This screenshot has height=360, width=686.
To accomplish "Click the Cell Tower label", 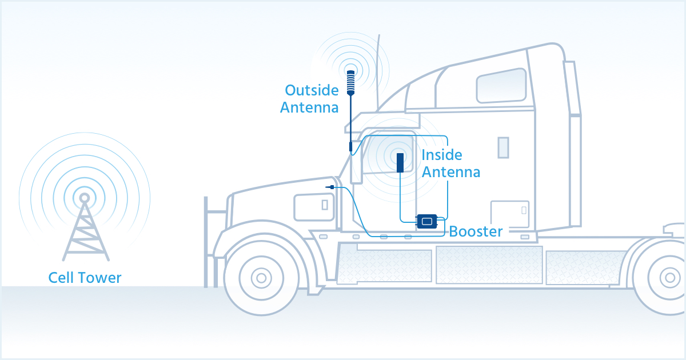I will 85,278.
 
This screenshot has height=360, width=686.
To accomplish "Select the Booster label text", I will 476,231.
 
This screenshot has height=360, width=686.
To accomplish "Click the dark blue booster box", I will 426,221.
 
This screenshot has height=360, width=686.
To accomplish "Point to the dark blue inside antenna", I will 401,162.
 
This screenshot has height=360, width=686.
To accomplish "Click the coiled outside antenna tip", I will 351,79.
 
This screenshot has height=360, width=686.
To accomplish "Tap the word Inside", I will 441,155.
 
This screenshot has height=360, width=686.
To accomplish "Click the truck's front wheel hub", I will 261,278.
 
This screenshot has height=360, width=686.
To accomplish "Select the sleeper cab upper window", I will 501,86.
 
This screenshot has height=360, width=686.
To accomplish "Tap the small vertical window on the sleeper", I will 503,147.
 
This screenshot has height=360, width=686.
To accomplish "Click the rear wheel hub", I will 669,278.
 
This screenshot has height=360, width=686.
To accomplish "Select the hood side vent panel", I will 313,207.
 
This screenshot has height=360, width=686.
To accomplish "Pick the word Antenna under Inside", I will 450,171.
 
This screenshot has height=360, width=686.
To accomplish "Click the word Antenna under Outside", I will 309,107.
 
